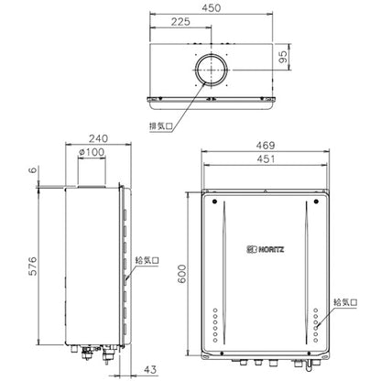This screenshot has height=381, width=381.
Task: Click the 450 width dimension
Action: point(211,8)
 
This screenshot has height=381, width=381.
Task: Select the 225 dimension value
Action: point(180,22)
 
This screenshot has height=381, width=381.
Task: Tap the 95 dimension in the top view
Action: point(284,57)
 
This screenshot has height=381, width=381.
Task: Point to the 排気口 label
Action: point(161,126)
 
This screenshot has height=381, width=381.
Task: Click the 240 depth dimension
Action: point(98,138)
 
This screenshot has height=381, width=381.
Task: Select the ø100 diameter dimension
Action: point(92,152)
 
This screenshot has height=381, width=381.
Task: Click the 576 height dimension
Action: point(33,267)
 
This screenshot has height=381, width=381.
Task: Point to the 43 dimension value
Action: point(150,370)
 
